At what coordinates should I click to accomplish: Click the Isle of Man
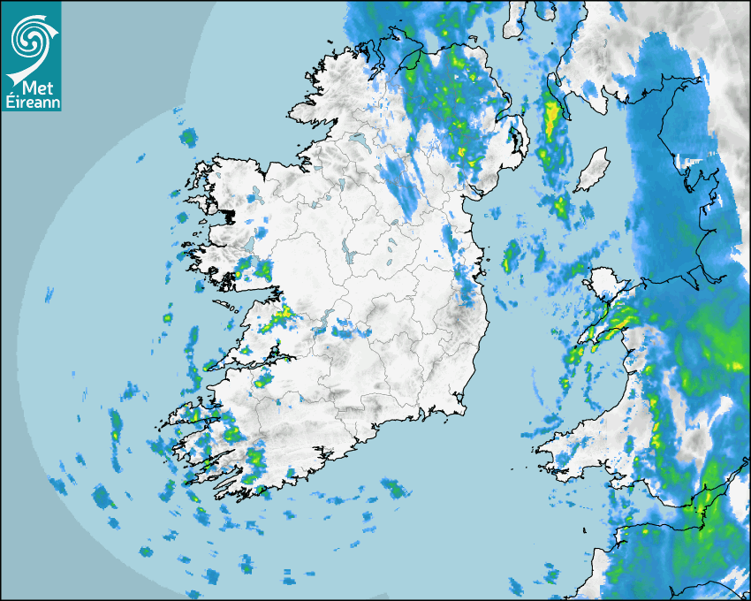pyautogui.click(x=591, y=171)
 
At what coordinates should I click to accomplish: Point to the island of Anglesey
pyautogui.click(x=605, y=285)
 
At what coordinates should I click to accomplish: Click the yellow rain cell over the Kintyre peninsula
pyautogui.click(x=552, y=119)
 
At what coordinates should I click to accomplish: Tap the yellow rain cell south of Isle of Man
pyautogui.click(x=561, y=208)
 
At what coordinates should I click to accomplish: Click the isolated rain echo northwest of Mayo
pyautogui.click(x=187, y=138)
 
